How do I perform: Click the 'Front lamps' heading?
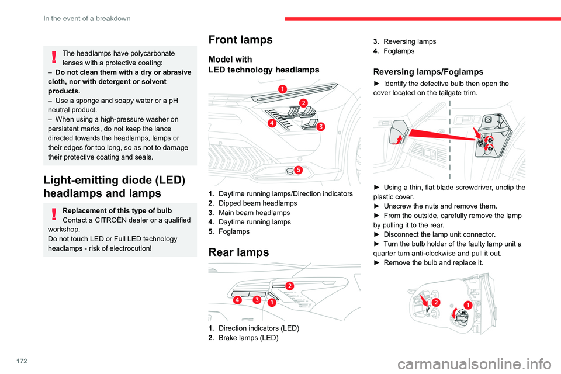[240, 40]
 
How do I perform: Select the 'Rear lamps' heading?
[238, 252]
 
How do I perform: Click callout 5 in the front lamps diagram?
[297, 170]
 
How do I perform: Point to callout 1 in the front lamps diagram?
[282, 89]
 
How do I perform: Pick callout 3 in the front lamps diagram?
[321, 126]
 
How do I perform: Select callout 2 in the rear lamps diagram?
[289, 285]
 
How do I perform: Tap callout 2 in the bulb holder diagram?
[436, 301]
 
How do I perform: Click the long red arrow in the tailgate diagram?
[442, 130]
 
